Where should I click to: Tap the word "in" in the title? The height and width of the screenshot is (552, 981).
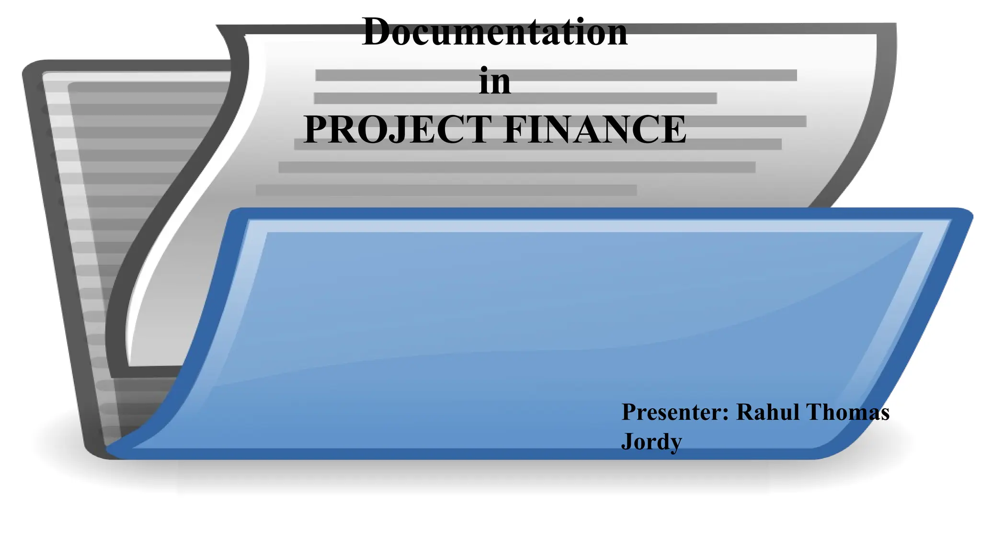click(x=495, y=81)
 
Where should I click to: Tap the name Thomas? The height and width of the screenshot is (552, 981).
click(x=848, y=412)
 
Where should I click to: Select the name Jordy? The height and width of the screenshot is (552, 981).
click(x=651, y=441)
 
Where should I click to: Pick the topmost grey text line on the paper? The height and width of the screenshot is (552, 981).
click(x=556, y=75)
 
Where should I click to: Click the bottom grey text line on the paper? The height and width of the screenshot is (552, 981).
click(x=445, y=190)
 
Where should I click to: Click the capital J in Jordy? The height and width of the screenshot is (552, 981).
click(x=628, y=441)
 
